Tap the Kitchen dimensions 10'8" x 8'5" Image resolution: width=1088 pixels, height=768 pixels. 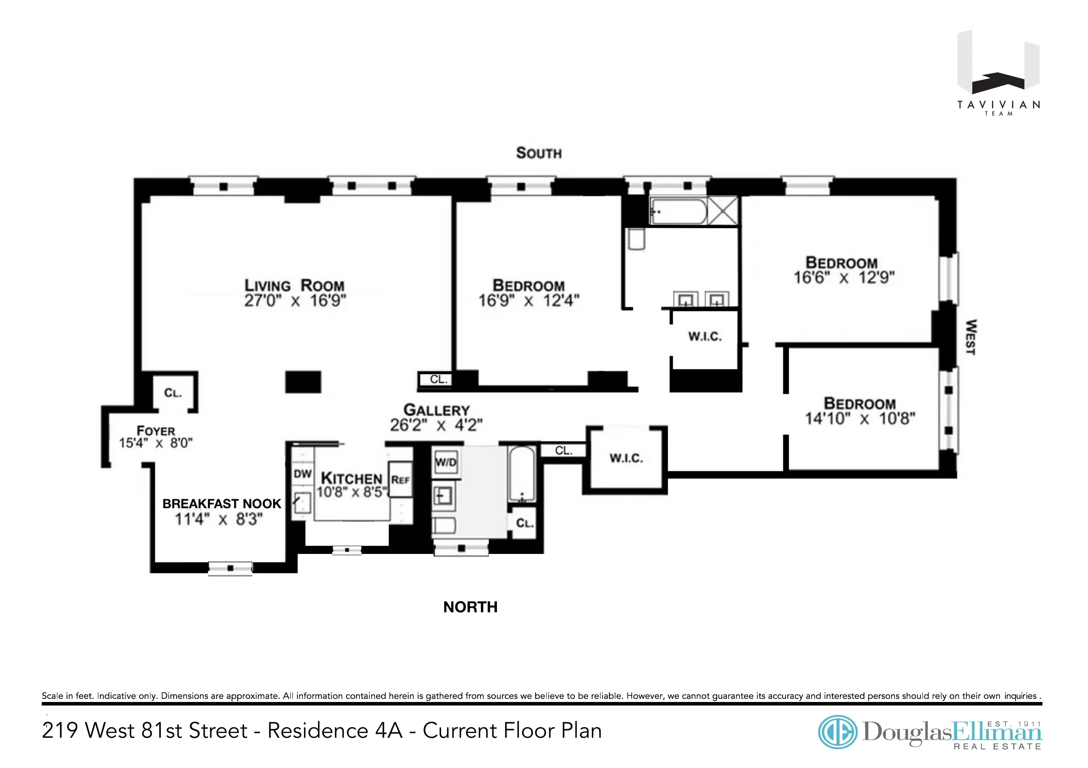click(x=352, y=493)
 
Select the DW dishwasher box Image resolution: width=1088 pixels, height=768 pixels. click(x=302, y=474)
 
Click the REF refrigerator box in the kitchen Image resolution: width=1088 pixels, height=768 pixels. click(x=400, y=480)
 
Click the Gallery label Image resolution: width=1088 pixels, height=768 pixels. click(x=436, y=410)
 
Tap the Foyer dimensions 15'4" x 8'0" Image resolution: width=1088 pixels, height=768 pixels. click(x=156, y=443)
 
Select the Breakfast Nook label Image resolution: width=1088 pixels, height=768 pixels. click(x=222, y=504)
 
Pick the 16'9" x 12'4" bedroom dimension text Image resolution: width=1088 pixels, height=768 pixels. click(x=529, y=301)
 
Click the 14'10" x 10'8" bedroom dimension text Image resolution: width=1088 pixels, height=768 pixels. click(x=860, y=419)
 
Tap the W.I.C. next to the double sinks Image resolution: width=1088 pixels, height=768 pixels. click(x=705, y=337)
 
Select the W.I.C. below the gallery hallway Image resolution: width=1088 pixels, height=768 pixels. click(x=626, y=458)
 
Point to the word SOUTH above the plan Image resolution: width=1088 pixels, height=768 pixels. click(x=539, y=153)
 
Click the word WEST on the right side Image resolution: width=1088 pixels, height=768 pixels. click(x=971, y=337)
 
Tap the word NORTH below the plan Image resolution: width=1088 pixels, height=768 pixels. click(x=470, y=607)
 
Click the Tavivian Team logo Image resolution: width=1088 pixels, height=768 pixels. click(x=999, y=73)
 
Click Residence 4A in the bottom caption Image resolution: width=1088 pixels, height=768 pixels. click(x=335, y=731)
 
